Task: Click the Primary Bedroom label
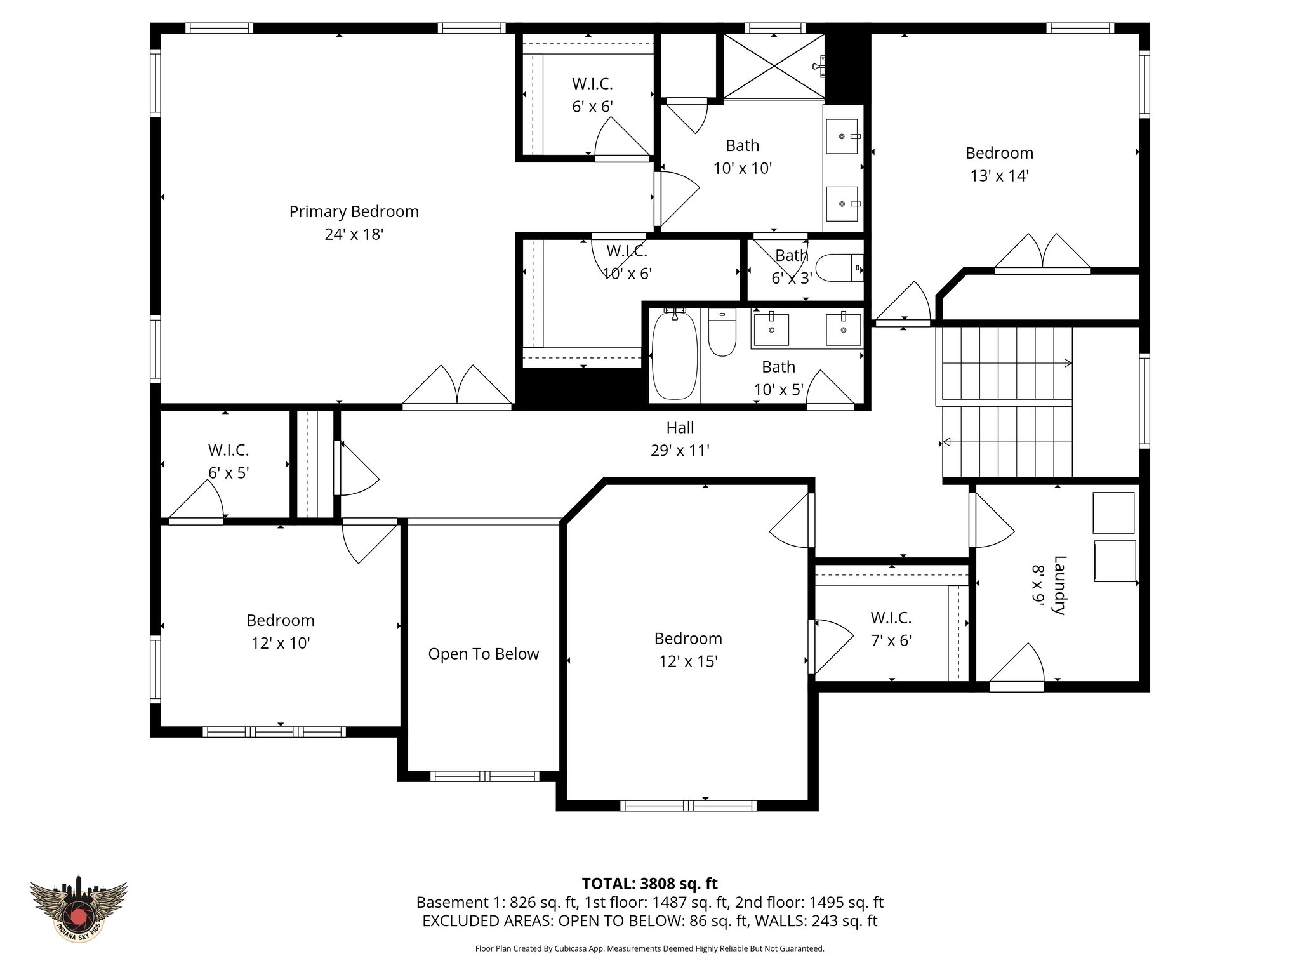pyautogui.click(x=354, y=211)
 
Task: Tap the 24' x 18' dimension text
pyautogui.click(x=354, y=235)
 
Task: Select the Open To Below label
pyautogui.click(x=483, y=654)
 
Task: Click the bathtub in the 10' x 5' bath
pyautogui.click(x=674, y=355)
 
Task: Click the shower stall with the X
pyautogui.click(x=774, y=66)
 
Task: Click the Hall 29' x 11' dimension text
pyautogui.click(x=680, y=451)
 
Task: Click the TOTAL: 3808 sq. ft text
pyautogui.click(x=649, y=884)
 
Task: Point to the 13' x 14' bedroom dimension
pyautogui.click(x=999, y=176)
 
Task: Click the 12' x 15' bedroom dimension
pyautogui.click(x=688, y=661)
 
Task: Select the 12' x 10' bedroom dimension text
pyautogui.click(x=281, y=644)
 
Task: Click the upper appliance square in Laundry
pyautogui.click(x=1113, y=512)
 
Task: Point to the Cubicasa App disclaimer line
pyautogui.click(x=649, y=948)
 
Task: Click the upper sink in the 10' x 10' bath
pyautogui.click(x=842, y=136)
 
